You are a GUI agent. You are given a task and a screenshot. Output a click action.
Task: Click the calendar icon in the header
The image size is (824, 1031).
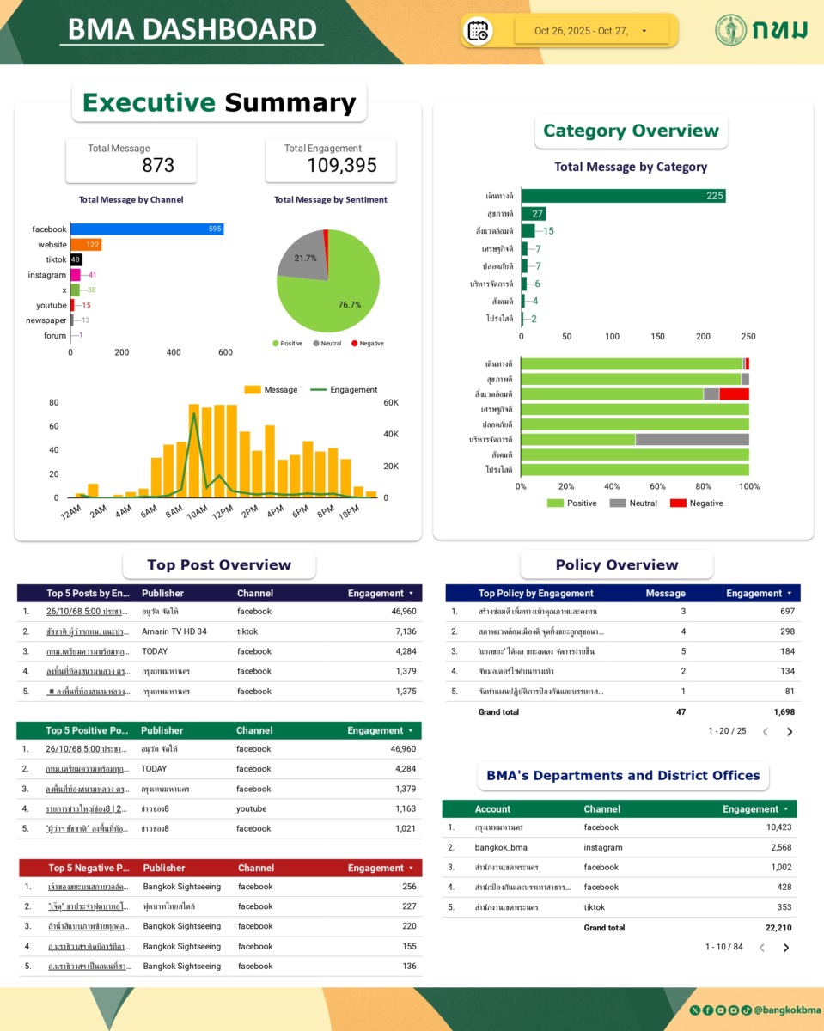click(478, 31)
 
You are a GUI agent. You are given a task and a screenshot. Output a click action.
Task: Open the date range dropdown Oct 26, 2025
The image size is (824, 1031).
click(591, 31)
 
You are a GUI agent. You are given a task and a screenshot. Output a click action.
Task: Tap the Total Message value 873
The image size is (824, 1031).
click(158, 165)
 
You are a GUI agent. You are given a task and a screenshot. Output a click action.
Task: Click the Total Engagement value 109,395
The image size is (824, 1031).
click(342, 166)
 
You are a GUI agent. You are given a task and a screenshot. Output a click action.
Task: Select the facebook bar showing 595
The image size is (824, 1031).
click(146, 229)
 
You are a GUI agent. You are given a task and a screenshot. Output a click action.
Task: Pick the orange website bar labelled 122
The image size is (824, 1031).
click(86, 245)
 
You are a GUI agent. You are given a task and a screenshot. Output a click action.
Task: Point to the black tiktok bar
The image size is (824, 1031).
click(76, 259)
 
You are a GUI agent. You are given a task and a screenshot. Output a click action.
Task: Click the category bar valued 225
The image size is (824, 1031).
click(623, 196)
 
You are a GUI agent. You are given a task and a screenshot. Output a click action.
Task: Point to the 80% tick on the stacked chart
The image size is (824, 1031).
click(704, 486)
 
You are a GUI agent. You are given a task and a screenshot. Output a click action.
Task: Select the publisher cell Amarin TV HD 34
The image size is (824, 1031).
click(174, 631)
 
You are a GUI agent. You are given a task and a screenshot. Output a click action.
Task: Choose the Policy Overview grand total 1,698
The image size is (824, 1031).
click(784, 712)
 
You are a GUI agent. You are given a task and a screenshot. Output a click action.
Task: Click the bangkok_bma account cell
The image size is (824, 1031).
click(501, 847)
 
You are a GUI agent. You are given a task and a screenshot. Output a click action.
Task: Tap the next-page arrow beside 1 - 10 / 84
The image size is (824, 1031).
click(786, 948)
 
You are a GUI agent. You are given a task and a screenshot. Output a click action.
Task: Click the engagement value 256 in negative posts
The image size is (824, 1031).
click(409, 887)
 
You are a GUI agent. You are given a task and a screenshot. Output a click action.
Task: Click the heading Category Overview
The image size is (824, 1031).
click(631, 131)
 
